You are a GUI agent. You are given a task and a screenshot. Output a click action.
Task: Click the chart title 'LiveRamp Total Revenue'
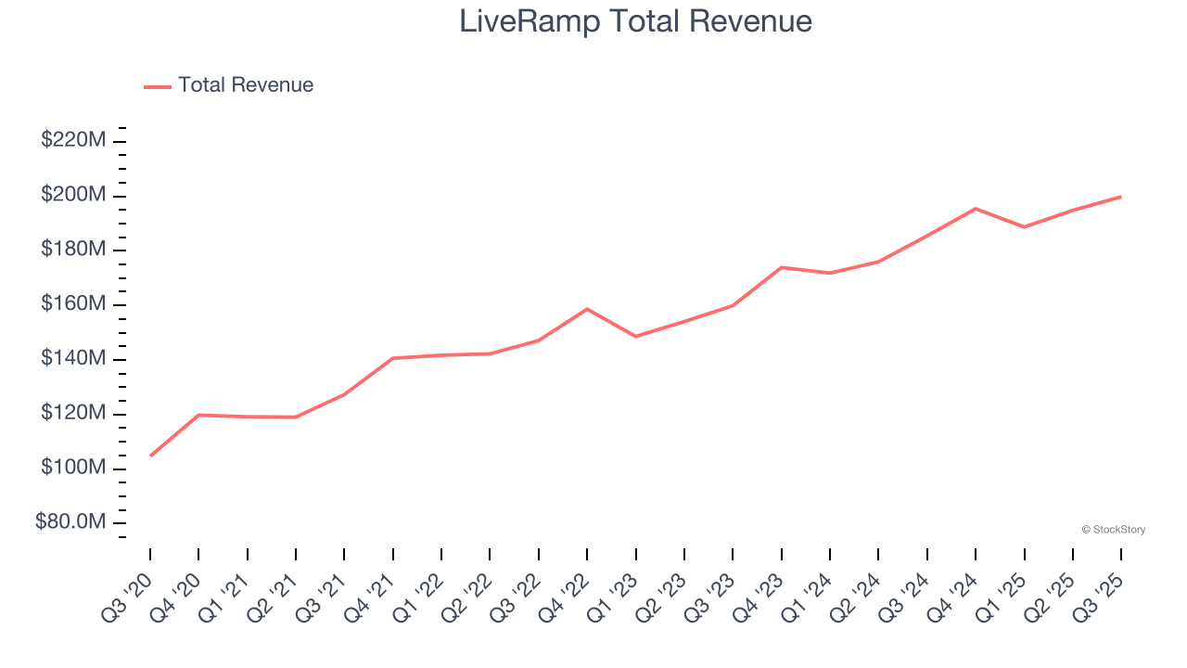[x=635, y=21]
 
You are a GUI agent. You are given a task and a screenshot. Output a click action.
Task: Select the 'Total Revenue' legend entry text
[x=246, y=85]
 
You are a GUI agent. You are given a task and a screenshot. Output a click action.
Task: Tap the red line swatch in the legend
[x=158, y=86]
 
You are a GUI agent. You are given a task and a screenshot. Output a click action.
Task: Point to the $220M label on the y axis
[x=73, y=140]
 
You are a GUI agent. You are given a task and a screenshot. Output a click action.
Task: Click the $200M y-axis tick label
[x=73, y=195]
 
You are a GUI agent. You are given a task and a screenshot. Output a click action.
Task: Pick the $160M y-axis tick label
[x=73, y=304]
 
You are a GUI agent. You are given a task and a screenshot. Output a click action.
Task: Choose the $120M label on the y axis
[x=73, y=413]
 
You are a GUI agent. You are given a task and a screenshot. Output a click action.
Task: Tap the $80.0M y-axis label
[x=70, y=522]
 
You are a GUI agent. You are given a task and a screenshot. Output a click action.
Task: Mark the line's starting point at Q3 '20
[x=150, y=456]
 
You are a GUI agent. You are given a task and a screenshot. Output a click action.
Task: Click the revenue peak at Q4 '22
[x=587, y=309]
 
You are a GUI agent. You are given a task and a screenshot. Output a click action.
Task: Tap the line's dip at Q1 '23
[x=636, y=336]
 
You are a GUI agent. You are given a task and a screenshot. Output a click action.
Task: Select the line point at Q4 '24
[x=976, y=209]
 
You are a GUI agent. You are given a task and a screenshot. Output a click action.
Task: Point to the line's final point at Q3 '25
[x=1121, y=197]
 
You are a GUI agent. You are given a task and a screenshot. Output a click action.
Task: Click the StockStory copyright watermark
[x=1113, y=530]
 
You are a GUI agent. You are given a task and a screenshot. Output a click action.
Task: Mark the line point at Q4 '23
[x=782, y=267]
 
